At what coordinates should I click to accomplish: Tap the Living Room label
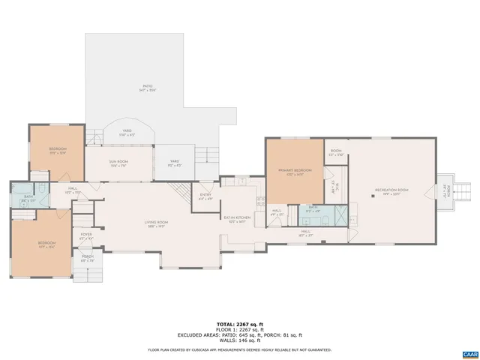(156, 223)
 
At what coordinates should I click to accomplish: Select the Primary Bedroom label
(295, 172)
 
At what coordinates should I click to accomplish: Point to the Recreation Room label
(391, 191)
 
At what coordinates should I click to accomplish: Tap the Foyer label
(86, 235)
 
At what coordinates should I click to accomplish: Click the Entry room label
(205, 197)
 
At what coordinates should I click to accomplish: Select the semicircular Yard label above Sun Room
(127, 133)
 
